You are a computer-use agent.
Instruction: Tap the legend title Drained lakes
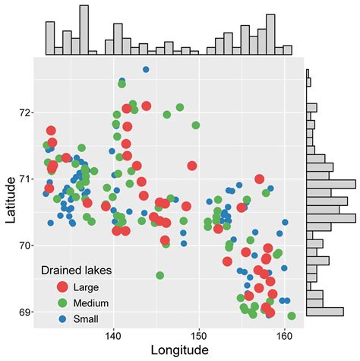(x=76, y=271)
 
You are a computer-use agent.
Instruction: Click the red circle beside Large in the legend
(x=62, y=287)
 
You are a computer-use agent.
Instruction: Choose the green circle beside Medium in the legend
(x=62, y=302)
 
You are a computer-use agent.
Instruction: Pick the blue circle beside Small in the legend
(x=62, y=318)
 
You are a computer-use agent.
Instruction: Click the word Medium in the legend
(x=90, y=302)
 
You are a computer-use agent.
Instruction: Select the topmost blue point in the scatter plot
(x=146, y=70)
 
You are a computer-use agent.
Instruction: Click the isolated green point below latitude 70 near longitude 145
(x=159, y=275)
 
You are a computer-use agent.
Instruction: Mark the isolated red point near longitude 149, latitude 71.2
(x=192, y=166)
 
